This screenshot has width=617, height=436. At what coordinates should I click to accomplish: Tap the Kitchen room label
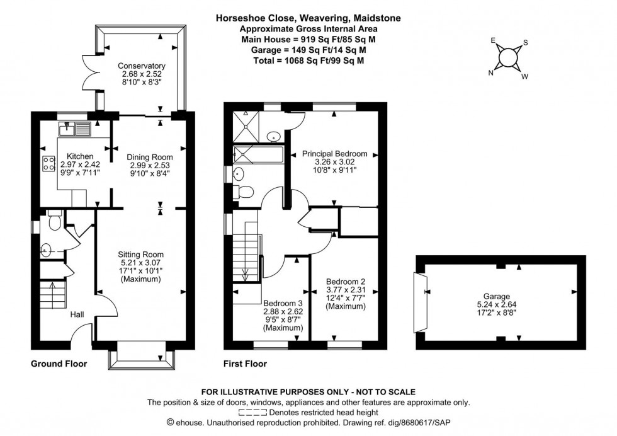[x=80, y=156]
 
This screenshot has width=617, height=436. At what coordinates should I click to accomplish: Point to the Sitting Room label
[x=142, y=255]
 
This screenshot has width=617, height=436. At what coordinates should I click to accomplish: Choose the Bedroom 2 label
[x=345, y=282]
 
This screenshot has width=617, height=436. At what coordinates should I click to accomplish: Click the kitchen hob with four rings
[x=48, y=164]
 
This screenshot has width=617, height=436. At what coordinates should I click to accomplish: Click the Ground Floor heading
[x=59, y=364]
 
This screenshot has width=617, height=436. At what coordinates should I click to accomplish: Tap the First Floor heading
[x=246, y=364]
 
